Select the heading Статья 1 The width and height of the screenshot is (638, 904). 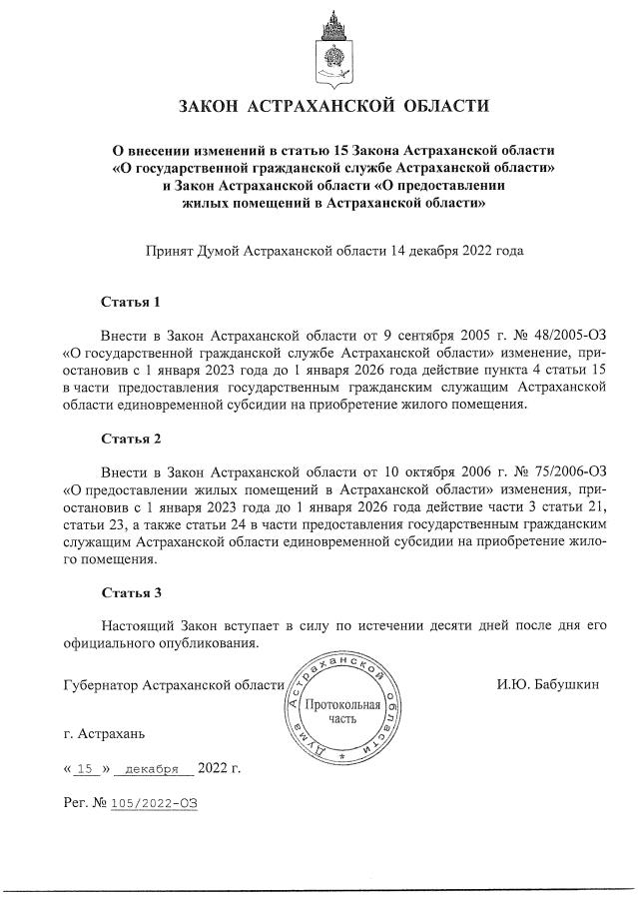(x=131, y=301)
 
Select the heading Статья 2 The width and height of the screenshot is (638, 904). (x=131, y=438)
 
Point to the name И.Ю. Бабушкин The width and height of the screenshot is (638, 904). (x=547, y=685)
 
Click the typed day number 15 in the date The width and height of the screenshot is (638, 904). (x=84, y=769)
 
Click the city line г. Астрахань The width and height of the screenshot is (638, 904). (x=103, y=734)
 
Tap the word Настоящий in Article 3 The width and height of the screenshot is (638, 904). (x=141, y=624)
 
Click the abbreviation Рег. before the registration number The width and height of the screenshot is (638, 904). (x=75, y=802)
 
